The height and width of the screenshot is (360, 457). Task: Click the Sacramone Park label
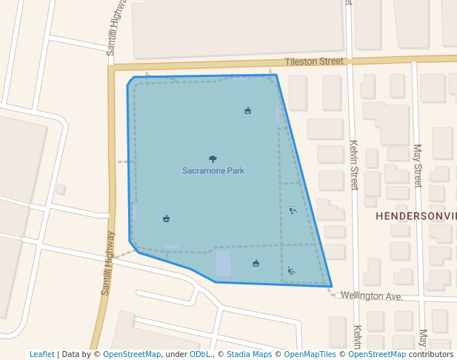tap(213, 171)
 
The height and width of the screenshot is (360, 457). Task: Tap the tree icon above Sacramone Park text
tap(213, 159)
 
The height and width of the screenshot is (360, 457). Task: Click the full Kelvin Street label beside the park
tap(354, 165)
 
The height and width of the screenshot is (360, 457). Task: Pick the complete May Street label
tap(418, 165)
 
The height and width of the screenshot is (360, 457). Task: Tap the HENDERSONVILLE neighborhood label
tap(416, 216)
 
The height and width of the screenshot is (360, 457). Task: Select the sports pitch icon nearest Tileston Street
tap(247, 111)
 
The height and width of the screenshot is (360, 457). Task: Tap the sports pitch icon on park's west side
tap(166, 219)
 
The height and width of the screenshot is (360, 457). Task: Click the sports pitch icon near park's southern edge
tap(256, 263)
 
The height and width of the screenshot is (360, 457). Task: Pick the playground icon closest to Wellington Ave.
tap(291, 271)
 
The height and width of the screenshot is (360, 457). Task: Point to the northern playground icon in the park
tap(293, 210)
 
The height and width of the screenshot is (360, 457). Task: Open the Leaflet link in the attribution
tap(42, 354)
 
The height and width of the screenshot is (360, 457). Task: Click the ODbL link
tap(200, 354)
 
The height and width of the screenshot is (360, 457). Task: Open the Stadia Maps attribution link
tap(248, 354)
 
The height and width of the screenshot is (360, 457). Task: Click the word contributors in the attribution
tap(431, 354)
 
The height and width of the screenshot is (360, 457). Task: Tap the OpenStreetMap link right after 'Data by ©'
tap(132, 354)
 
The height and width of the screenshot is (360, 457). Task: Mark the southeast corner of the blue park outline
tap(331, 286)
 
